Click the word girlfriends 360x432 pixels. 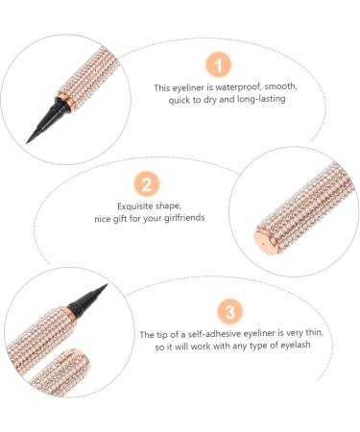click(x=184, y=218)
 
